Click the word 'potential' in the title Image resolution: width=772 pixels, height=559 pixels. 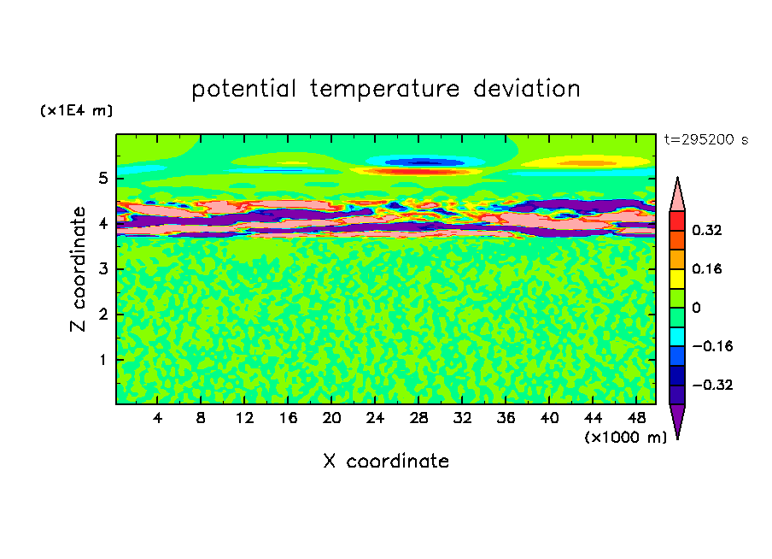pyautogui.click(x=243, y=89)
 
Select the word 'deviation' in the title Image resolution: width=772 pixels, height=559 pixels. pyautogui.click(x=527, y=89)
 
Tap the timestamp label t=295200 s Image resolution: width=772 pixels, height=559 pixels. pyautogui.click(x=706, y=140)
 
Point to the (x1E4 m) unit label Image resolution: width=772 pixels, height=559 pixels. pyautogui.click(x=76, y=110)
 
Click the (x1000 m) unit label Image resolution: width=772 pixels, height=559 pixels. pyautogui.click(x=625, y=438)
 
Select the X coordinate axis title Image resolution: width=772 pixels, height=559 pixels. pyautogui.click(x=386, y=461)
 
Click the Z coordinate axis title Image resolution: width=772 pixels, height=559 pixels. pyautogui.click(x=78, y=268)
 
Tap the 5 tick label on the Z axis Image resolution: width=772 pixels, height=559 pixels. pyautogui.click(x=102, y=178)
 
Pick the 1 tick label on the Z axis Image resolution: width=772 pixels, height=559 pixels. pyautogui.click(x=102, y=360)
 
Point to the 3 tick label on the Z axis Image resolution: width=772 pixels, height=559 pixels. pyautogui.click(x=102, y=269)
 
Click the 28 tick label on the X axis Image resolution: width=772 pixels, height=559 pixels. pyautogui.click(x=418, y=418)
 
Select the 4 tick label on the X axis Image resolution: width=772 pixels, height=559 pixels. pyautogui.click(x=157, y=418)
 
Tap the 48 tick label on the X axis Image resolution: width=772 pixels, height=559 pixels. pyautogui.click(x=636, y=418)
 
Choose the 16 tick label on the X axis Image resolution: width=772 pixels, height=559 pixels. pyautogui.click(x=288, y=418)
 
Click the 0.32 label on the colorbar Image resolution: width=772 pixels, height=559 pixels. pyautogui.click(x=706, y=230)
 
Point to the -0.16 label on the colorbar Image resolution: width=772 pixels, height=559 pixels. pyautogui.click(x=712, y=346)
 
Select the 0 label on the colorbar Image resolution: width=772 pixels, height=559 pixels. pyautogui.click(x=696, y=308)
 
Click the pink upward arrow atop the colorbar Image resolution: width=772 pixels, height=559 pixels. pyautogui.click(x=677, y=194)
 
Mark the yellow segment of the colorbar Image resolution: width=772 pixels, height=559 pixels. pyautogui.click(x=677, y=279)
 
